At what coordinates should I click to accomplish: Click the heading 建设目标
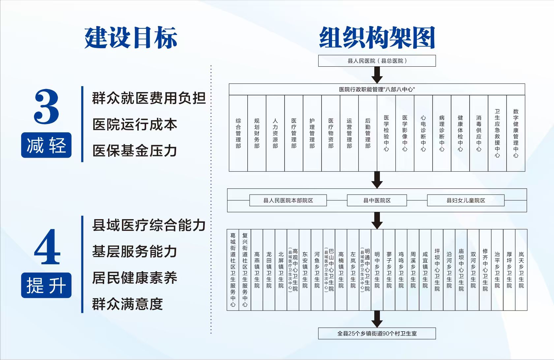tap(131, 38)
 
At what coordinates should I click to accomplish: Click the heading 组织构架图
tap(377, 38)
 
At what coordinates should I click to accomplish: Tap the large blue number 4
tap(47, 247)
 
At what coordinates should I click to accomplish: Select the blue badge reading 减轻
tap(46, 145)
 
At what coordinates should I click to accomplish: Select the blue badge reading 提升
tap(46, 285)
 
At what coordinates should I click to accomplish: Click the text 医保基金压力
tap(135, 151)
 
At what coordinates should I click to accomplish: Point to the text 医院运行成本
tap(135, 124)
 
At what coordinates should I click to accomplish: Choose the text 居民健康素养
tap(135, 278)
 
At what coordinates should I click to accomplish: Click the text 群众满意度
tap(127, 304)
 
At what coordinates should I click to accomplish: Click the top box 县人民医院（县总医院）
tap(377, 61)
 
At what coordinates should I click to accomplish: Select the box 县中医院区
tap(377, 200)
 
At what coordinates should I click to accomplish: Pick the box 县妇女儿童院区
tap(466, 200)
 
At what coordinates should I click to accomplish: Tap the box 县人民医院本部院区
tap(288, 200)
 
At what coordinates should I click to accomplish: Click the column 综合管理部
tap(238, 133)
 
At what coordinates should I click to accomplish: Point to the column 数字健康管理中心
tap(516, 133)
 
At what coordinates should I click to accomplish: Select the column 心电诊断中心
tap(423, 133)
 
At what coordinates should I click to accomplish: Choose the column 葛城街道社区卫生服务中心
tap(233, 270)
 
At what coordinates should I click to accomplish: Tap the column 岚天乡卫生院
tap(521, 270)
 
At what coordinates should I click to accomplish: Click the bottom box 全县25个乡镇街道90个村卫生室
tap(377, 333)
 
